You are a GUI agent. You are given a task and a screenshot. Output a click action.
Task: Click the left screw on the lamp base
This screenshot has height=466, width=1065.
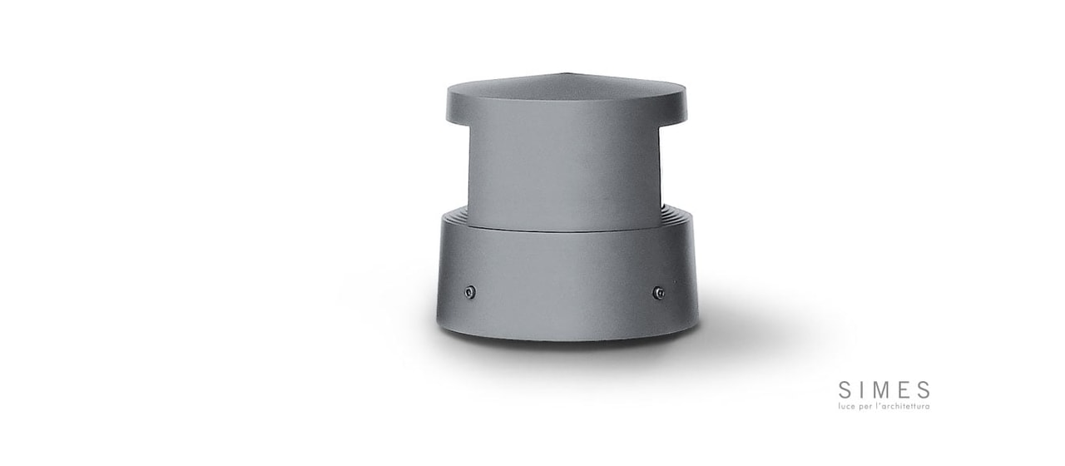(470, 292)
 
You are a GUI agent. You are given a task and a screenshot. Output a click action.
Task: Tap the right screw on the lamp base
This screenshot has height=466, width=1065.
(658, 292)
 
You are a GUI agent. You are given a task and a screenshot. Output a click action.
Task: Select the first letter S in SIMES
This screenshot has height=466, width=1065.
(845, 390)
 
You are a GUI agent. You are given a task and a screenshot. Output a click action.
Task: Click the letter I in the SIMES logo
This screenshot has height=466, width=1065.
(860, 390)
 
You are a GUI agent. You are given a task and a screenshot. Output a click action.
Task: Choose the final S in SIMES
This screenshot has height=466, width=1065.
(924, 390)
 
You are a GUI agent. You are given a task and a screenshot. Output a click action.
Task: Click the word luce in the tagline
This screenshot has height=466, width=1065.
(847, 407)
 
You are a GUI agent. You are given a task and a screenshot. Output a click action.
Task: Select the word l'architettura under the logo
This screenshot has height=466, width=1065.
(904, 407)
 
